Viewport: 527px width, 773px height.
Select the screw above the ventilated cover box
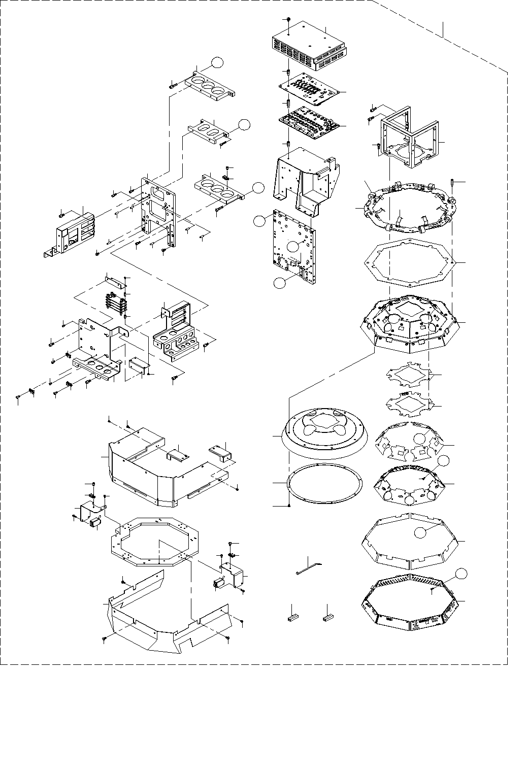[x=288, y=19]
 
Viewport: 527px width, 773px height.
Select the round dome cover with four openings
[x=323, y=431]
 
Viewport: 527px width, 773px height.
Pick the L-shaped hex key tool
[x=310, y=566]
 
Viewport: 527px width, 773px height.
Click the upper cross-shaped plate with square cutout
[x=409, y=376]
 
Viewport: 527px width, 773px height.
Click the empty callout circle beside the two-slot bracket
[x=245, y=125]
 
